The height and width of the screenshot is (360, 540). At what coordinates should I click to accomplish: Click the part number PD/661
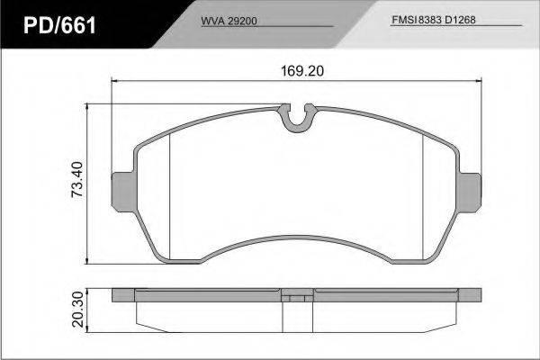click(59, 25)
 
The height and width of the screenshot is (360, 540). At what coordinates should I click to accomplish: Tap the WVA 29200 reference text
click(229, 21)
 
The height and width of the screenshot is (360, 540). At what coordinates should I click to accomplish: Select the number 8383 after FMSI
click(430, 20)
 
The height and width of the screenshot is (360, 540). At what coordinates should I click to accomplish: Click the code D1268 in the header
click(460, 20)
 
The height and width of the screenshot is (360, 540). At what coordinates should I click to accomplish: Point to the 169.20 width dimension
click(302, 71)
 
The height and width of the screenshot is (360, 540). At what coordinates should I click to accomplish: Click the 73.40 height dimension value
click(76, 179)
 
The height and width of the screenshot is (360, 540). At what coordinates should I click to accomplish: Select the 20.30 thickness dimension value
click(77, 309)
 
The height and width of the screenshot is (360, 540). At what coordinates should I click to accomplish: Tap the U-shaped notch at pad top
click(297, 118)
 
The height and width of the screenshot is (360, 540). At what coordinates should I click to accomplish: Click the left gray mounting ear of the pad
click(122, 192)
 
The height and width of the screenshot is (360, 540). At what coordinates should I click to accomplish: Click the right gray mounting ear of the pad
click(471, 193)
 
